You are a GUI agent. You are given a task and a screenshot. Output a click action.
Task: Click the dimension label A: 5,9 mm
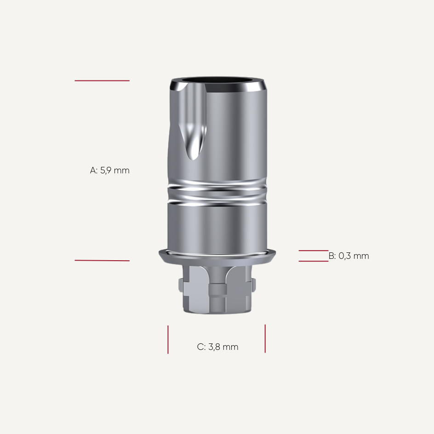(x=110, y=171)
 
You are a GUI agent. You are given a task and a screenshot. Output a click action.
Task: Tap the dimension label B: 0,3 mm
(x=349, y=256)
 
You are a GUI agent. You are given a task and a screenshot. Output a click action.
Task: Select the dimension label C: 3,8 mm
(x=217, y=347)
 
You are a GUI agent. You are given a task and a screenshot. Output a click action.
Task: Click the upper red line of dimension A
(x=102, y=81)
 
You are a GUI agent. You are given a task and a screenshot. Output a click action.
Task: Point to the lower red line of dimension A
(x=102, y=261)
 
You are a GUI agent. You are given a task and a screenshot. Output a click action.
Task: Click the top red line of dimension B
(x=314, y=251)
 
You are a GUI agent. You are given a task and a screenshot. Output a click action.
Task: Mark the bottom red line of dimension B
(x=314, y=261)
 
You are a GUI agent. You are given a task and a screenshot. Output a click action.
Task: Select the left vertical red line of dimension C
(x=168, y=339)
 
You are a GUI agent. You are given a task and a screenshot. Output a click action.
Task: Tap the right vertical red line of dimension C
(x=265, y=338)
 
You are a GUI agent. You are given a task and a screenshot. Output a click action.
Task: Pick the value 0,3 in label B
(x=344, y=256)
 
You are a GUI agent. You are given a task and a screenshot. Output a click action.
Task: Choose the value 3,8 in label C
(x=214, y=347)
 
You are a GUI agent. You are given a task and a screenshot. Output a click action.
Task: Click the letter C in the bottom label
(x=200, y=347)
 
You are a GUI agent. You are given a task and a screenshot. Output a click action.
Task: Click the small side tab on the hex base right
(x=253, y=285)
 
